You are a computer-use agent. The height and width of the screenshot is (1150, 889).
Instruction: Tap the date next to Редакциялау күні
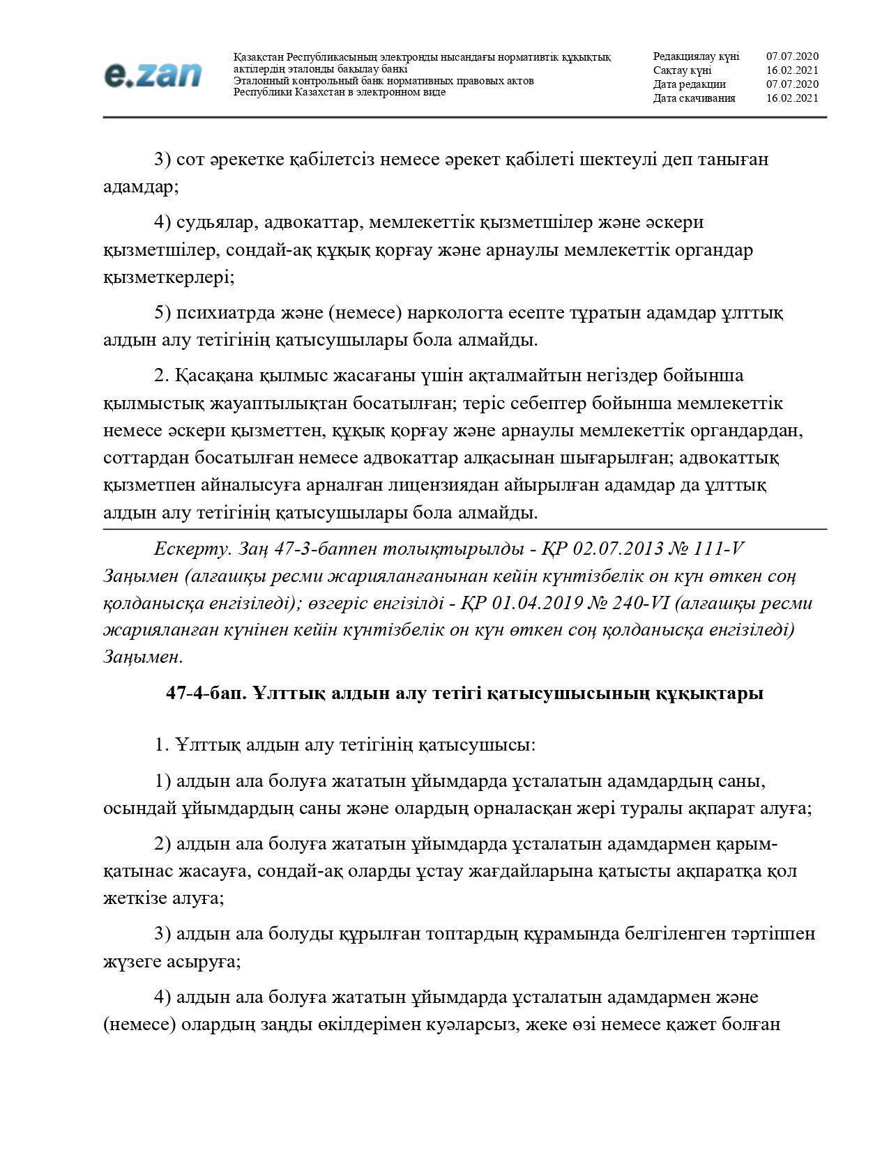coord(792,56)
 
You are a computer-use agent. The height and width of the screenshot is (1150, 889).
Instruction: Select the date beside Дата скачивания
coord(792,98)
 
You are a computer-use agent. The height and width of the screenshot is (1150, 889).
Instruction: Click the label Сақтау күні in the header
coord(682,70)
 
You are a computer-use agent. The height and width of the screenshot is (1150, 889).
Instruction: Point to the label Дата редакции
coord(689,84)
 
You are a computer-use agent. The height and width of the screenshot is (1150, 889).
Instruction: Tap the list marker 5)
coord(162,313)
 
